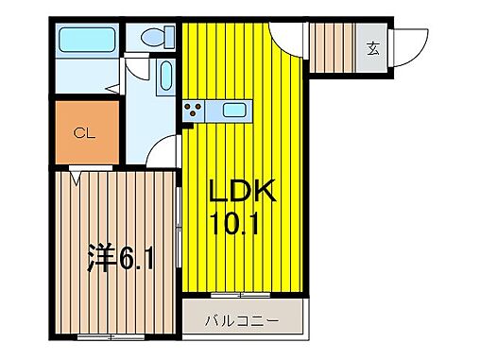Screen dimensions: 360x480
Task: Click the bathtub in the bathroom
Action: click(86, 41)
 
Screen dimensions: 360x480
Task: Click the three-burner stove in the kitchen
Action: click(194, 110)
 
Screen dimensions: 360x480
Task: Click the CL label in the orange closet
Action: click(85, 133)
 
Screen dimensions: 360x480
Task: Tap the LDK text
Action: click(242, 193)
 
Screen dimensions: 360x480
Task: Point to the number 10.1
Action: click(242, 225)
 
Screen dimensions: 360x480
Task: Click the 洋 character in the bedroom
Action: click(101, 255)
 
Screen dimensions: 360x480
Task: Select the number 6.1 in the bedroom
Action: click(135, 256)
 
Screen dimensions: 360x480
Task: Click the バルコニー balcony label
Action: click(243, 321)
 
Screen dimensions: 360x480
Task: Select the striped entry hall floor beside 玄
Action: click(334, 45)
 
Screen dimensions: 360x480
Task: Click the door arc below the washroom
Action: click(164, 151)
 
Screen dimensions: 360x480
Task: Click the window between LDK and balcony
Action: click(243, 296)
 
